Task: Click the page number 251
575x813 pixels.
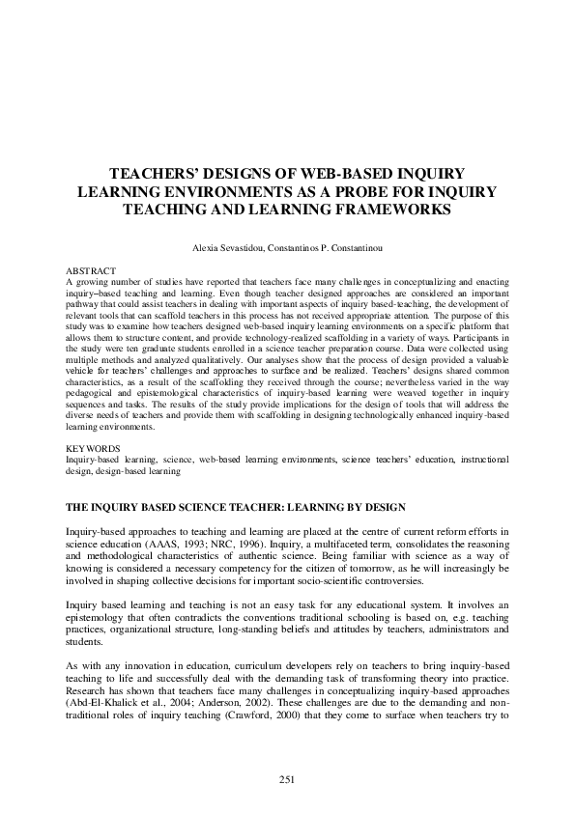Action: [287, 779]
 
